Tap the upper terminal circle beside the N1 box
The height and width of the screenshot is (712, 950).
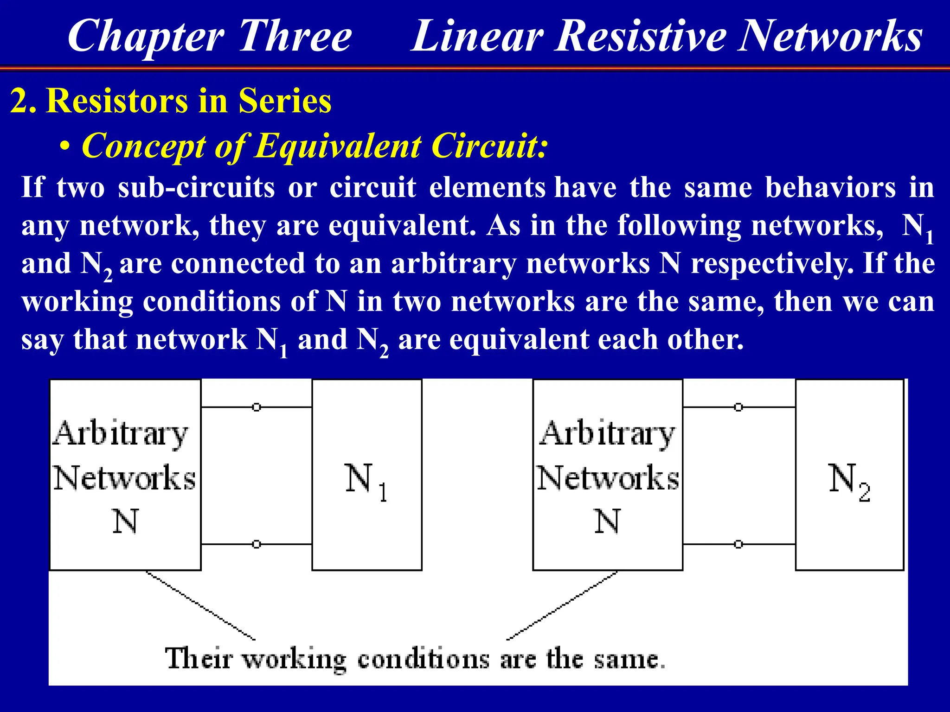(x=257, y=407)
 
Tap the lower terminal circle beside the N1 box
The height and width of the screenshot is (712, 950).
(x=257, y=544)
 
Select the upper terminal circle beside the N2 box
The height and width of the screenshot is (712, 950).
(x=738, y=407)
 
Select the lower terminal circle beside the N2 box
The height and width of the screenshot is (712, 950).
(x=738, y=544)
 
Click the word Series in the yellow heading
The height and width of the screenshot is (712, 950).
(x=285, y=101)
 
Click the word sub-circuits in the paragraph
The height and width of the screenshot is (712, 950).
(x=196, y=188)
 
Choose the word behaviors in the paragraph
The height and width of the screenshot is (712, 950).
(x=830, y=188)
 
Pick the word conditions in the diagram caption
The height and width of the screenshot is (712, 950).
(x=423, y=659)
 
